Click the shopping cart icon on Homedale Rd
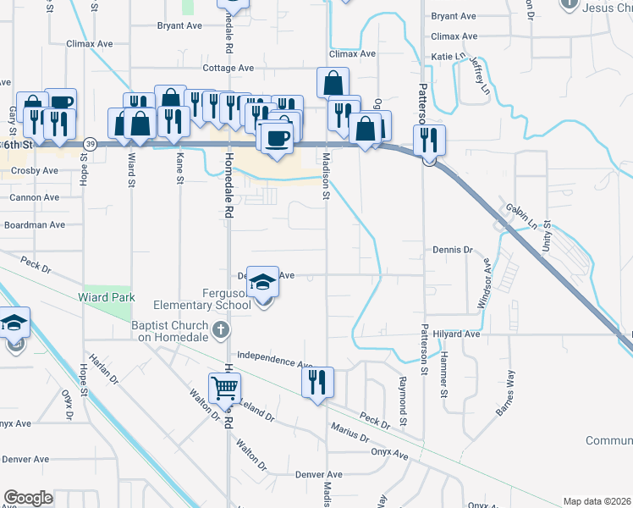pos(225,388)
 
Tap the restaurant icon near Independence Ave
pos(318,381)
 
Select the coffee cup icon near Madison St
pos(276,137)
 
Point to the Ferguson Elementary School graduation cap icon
pos(263,284)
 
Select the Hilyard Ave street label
pos(459,334)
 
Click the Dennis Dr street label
pos(451,250)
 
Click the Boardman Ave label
pos(35,225)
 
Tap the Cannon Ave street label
pos(35,197)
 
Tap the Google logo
pos(28,498)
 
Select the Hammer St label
pos(443,376)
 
